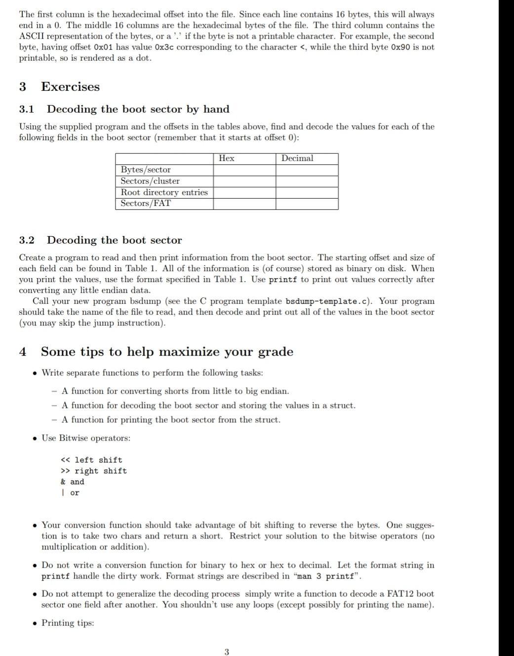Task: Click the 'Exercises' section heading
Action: [70, 87]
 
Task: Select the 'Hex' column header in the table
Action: [226, 158]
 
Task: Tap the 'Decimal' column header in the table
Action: [297, 158]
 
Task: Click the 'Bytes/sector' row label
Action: [146, 170]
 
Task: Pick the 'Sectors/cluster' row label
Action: [150, 181]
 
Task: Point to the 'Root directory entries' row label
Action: [164, 193]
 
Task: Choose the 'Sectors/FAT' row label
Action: [146, 204]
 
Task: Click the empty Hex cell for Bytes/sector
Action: [244, 170]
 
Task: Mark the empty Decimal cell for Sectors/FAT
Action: [307, 204]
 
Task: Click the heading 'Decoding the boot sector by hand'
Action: [138, 109]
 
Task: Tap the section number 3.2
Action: [27, 241]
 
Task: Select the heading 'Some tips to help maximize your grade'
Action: [167, 352]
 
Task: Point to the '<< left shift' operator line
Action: [91, 460]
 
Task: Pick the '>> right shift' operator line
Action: [93, 471]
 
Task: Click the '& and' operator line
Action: [73, 482]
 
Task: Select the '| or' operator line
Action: [70, 493]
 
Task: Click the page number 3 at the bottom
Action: [227, 652]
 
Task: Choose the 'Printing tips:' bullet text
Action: [68, 623]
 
